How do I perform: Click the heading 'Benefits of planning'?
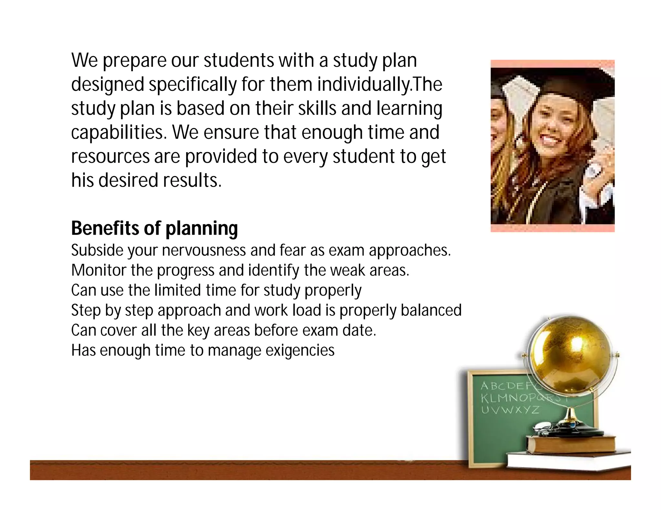click(x=154, y=228)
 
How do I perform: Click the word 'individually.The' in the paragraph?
click(x=380, y=84)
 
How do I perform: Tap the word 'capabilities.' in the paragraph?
click(x=119, y=132)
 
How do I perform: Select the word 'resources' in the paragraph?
click(x=110, y=156)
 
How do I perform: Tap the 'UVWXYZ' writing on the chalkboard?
click(x=510, y=410)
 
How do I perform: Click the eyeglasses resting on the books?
click(x=545, y=429)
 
